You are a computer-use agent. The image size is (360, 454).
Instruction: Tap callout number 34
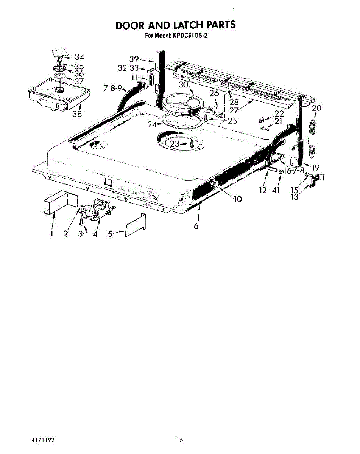(x=79, y=57)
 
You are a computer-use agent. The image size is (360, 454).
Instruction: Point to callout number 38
(x=77, y=114)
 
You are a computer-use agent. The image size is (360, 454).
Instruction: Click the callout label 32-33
(x=128, y=68)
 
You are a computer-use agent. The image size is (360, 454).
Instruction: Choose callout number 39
(x=134, y=59)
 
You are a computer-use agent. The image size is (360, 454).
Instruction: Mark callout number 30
(x=183, y=85)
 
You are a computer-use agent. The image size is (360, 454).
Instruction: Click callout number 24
(x=152, y=125)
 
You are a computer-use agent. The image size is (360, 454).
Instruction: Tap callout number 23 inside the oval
(x=175, y=144)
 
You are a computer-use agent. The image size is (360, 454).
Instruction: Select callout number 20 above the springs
(x=317, y=108)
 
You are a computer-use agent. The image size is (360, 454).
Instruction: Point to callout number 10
(x=238, y=199)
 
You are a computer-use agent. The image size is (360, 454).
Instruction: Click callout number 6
(x=196, y=226)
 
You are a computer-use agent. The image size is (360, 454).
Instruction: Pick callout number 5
(x=110, y=234)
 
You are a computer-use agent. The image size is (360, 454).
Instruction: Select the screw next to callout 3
(x=81, y=221)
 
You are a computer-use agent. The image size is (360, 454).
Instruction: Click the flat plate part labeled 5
(x=136, y=225)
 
